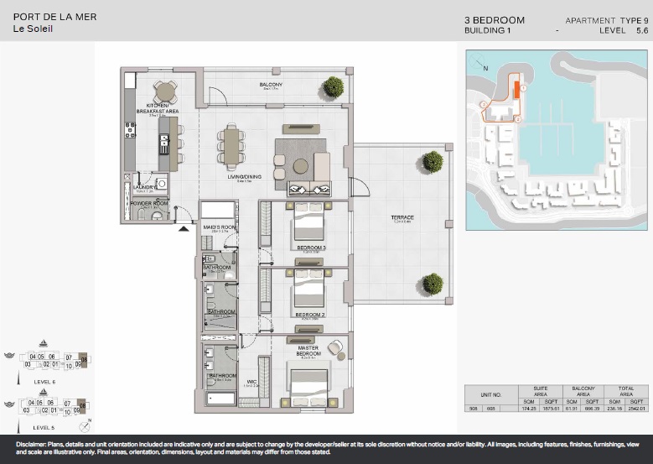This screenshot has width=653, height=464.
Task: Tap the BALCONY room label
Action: [x=271, y=86]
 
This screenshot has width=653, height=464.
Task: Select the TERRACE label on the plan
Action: [x=402, y=218]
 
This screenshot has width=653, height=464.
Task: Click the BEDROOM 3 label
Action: [x=310, y=248]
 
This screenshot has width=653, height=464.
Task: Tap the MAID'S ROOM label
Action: [x=218, y=227]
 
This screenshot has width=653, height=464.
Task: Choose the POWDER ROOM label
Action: [x=149, y=203]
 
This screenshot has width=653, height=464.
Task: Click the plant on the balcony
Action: [x=334, y=86]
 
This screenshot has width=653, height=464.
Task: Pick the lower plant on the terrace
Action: [x=433, y=283]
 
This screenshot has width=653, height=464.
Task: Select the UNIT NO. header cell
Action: [x=490, y=394]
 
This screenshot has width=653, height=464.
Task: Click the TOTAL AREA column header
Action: [x=627, y=390]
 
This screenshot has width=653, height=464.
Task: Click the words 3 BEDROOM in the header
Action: [x=495, y=20]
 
